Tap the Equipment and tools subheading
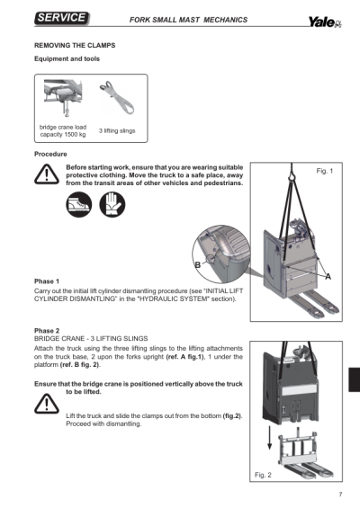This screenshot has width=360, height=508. point(67,58)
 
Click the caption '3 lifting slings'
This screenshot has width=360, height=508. point(117,131)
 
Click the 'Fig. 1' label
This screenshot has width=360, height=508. point(325,171)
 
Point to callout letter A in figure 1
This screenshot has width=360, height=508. point(327,276)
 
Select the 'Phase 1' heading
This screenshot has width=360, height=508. point(47,281)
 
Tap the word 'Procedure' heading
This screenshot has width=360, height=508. point(51,155)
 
